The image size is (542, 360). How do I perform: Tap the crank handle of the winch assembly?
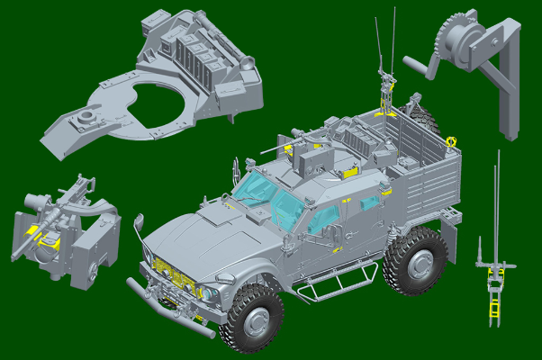pyautogui.click(x=419, y=65)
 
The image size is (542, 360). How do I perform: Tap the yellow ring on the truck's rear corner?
pyautogui.click(x=450, y=139)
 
